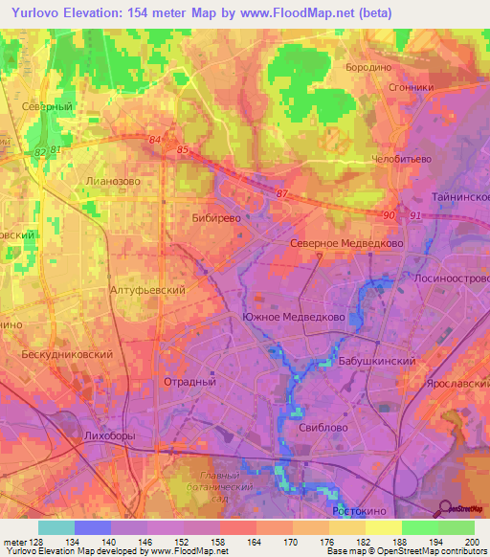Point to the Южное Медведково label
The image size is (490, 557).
pos(293,317)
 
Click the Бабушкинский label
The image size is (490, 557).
pos(377,363)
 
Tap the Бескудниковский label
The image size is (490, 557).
pos(67,354)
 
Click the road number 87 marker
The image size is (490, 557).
pos(281,194)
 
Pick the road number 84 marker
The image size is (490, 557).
pos(156,141)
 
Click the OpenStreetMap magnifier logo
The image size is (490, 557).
pos(446,508)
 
